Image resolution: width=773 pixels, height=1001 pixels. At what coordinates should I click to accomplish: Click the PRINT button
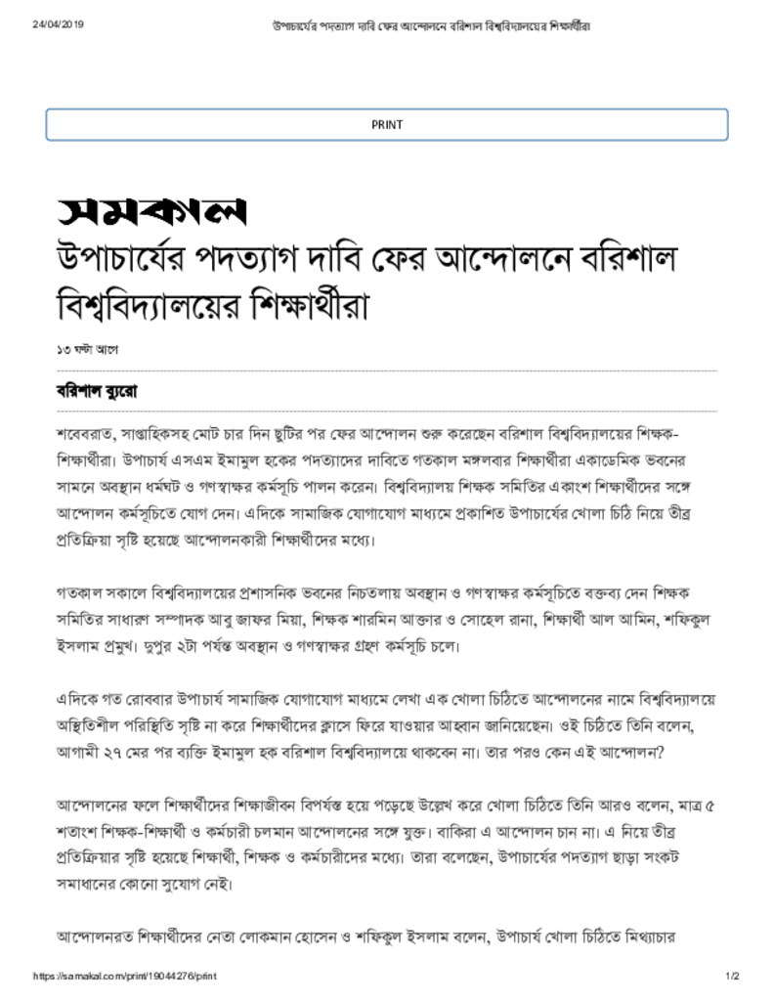tap(386, 124)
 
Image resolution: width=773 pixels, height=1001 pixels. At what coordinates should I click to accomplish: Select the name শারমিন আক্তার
tap(411, 620)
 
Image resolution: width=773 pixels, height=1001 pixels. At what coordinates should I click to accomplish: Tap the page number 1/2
tap(732, 977)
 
